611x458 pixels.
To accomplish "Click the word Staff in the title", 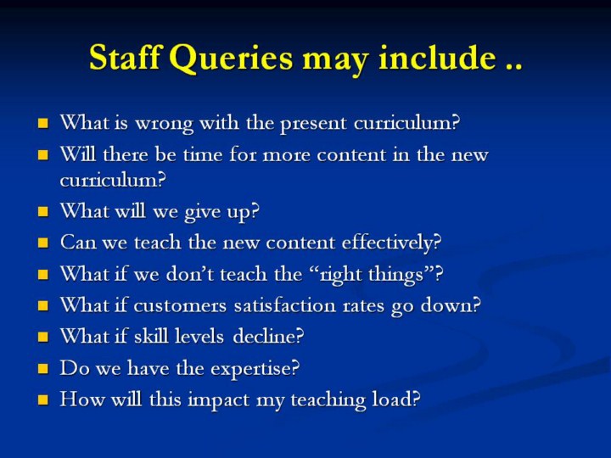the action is [125, 58].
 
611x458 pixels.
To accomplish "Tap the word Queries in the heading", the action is [231, 59].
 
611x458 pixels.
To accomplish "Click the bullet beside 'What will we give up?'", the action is [43, 212].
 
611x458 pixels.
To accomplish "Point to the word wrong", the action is [164, 124].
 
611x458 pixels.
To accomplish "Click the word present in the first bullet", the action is [313, 124].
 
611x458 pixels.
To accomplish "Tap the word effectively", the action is [391, 243].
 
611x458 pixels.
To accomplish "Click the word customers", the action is [180, 305].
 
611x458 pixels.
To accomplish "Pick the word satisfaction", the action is [285, 305].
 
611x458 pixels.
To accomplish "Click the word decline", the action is [268, 336].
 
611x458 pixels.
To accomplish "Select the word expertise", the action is [255, 369].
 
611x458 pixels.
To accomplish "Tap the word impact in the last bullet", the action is [218, 400].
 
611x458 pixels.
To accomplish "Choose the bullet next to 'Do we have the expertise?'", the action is [43, 369].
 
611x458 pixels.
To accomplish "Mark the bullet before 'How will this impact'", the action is [43, 400].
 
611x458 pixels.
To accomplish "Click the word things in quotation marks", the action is [396, 275].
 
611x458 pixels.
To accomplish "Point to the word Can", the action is [77, 243].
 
